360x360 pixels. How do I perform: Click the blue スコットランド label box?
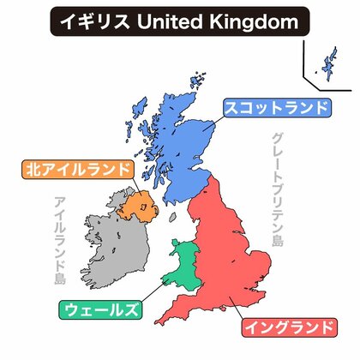(x=276, y=108)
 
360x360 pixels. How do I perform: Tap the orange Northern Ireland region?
(x=134, y=207)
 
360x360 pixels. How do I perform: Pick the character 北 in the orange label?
(x=33, y=169)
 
